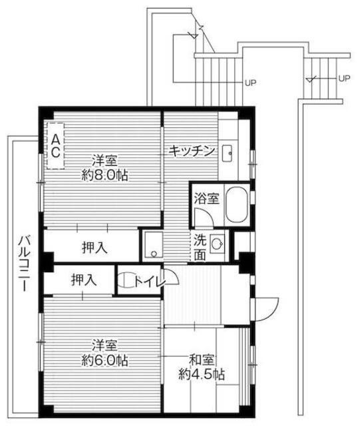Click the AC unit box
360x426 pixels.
coord(56,146)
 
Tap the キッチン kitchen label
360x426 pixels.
coord(191,151)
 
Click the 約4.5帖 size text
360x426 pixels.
coord(201,373)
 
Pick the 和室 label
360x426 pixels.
coord(200,359)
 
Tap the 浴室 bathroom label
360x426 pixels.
coord(206,198)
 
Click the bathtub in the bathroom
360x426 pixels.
coord(236,206)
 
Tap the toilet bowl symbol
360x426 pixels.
coord(124,281)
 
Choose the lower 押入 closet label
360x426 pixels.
coord(83,281)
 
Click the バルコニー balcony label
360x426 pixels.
coord(23,263)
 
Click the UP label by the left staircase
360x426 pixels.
coord(250,83)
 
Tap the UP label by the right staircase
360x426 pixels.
coord(344,78)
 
